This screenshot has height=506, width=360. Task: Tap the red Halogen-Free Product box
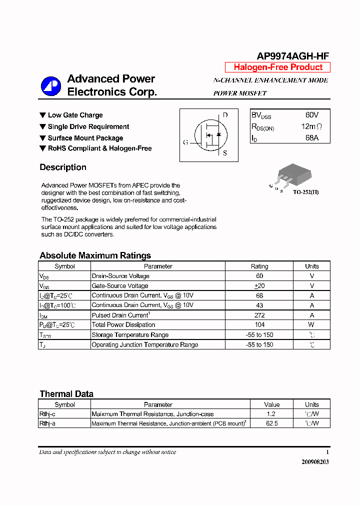click(x=277, y=67)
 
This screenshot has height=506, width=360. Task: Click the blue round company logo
click(x=50, y=86)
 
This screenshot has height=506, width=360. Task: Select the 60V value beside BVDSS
click(x=311, y=115)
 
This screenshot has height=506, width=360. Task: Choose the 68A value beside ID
click(x=311, y=138)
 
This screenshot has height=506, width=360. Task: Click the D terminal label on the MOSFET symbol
click(x=225, y=115)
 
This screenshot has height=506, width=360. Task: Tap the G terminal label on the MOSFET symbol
click(x=185, y=142)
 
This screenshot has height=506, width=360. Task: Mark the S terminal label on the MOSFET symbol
click(x=225, y=153)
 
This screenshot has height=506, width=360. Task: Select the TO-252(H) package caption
click(x=305, y=192)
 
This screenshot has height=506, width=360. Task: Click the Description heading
click(x=63, y=167)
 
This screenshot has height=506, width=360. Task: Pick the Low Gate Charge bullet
click(x=75, y=115)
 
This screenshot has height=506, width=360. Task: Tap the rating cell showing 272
click(x=259, y=315)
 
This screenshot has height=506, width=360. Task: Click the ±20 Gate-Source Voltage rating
click(x=259, y=286)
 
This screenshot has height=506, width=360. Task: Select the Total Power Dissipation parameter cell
click(x=123, y=325)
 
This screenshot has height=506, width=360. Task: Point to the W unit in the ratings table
click(x=311, y=325)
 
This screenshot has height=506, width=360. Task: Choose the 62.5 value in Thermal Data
click(x=272, y=423)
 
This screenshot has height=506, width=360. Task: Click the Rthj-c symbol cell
click(x=47, y=414)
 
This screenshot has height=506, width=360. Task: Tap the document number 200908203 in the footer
click(x=315, y=462)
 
